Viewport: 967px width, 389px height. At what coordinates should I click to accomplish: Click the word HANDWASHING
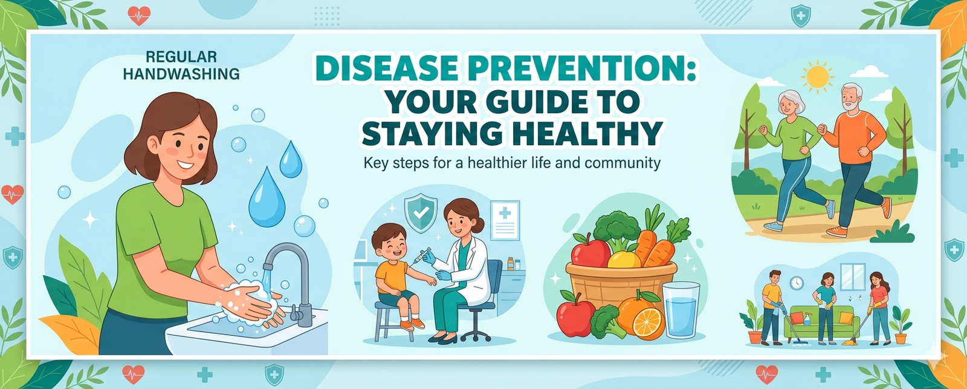(181, 74)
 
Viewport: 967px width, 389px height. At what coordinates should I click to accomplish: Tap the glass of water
(681, 309)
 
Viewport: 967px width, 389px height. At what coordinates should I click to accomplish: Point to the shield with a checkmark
(421, 213)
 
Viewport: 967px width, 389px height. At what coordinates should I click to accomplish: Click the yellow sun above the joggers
(817, 76)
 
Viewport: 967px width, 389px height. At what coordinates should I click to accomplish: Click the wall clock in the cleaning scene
(797, 283)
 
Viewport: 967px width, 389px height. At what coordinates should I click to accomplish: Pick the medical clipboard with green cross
(505, 220)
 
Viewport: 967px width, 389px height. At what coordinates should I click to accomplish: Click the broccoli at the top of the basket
(616, 229)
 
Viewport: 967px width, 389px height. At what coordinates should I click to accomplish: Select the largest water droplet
(267, 198)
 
